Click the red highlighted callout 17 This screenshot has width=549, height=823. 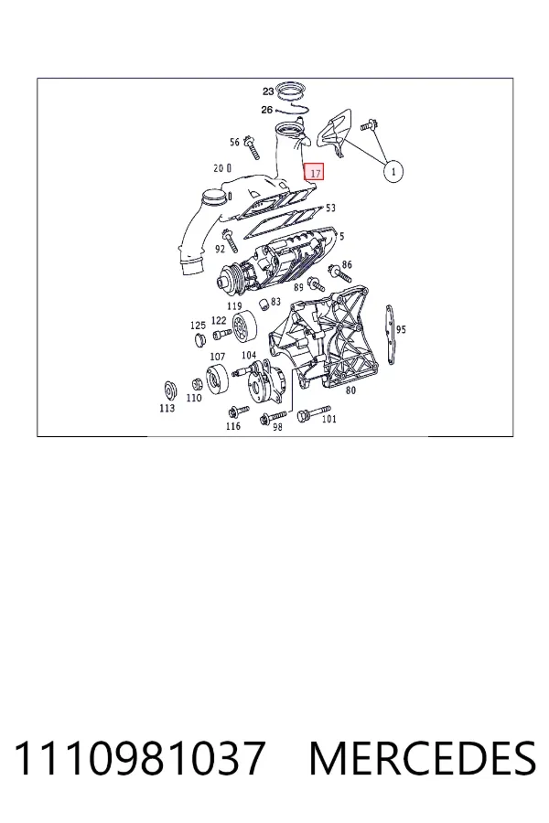click(315, 172)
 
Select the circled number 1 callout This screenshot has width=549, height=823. click(393, 171)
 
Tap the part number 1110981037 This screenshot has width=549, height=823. click(139, 758)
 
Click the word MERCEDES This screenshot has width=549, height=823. click(423, 758)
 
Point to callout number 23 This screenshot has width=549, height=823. click(268, 91)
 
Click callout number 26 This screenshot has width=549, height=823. click(267, 110)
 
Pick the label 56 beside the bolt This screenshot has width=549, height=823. click(235, 142)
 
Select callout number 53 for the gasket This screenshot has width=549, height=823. click(330, 208)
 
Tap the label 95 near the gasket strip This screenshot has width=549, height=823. click(401, 329)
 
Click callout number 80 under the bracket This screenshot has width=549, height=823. click(350, 390)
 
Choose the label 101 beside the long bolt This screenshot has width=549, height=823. click(328, 419)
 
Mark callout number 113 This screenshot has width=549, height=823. click(167, 408)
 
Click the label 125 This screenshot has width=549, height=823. click(198, 326)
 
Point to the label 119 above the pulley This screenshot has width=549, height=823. click(234, 306)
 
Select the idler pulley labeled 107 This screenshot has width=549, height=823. click(217, 378)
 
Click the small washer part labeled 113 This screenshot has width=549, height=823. click(169, 390)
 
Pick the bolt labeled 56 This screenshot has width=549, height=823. click(253, 147)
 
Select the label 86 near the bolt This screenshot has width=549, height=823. click(347, 264)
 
